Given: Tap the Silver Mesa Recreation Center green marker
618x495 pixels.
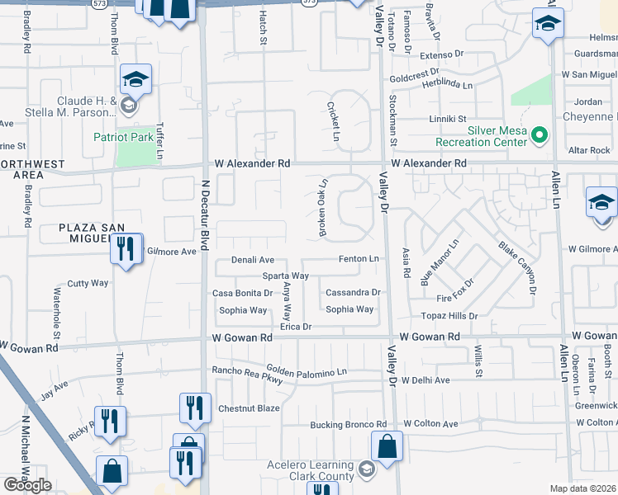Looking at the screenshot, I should tap(540, 133).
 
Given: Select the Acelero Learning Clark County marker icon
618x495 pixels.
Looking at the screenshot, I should tap(367, 470).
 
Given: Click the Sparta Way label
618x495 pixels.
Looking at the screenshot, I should tap(285, 276).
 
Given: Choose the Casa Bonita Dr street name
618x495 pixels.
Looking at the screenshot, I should tap(242, 293).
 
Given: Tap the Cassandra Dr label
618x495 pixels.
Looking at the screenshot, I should tap(353, 292).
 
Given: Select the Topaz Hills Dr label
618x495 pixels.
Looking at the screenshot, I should tap(450, 316).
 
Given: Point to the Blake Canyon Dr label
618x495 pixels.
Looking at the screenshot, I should tap(517, 268).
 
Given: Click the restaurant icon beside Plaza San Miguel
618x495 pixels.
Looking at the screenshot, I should tap(126, 248).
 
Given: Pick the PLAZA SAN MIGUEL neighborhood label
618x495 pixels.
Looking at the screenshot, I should tap(95, 233).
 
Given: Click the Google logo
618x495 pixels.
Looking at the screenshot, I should tap(27, 485).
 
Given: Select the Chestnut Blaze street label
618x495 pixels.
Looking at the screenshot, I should tap(249, 408).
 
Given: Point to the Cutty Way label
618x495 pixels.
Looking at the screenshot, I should tap(88, 283).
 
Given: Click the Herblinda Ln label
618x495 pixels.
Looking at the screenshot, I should tap(444, 84).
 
